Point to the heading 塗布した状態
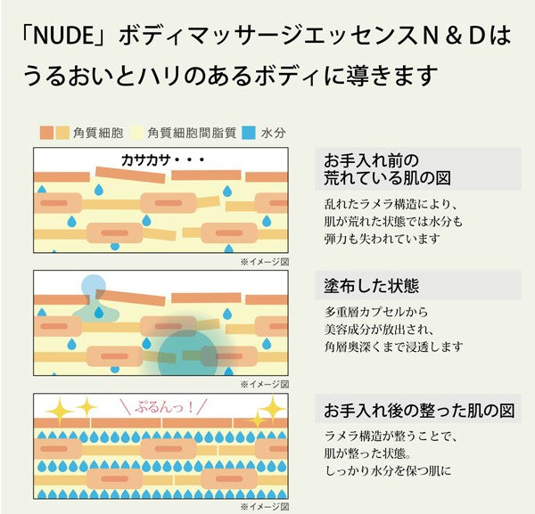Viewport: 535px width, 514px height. pyautogui.click(x=372, y=287)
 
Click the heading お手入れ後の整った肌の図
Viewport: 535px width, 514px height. pyautogui.click(x=419, y=412)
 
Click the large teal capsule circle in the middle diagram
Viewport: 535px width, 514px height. pyautogui.click(x=188, y=355)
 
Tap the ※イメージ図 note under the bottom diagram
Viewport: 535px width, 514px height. pyautogui.click(x=264, y=507)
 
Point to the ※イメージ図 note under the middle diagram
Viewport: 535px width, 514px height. pyautogui.click(x=264, y=385)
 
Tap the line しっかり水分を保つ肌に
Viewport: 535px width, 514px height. pyautogui.click(x=388, y=469)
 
